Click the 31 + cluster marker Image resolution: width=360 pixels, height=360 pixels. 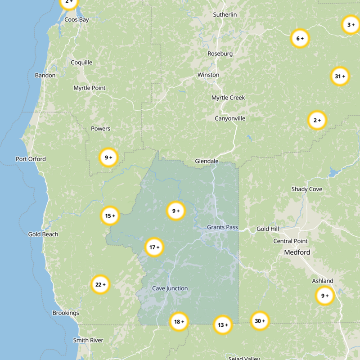tap(340, 76)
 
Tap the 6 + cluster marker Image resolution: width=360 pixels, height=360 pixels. tap(300, 39)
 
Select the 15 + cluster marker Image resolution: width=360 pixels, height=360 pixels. tap(110, 216)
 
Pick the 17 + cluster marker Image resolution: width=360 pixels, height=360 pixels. tap(154, 247)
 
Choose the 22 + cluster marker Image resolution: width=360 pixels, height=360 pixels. tap(100, 284)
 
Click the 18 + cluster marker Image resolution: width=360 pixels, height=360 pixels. tap(179, 322)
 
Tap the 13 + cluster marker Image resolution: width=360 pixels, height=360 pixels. tap(223, 325)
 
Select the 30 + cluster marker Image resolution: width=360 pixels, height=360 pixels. tap(260, 321)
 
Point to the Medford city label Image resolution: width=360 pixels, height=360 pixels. tap(297, 252)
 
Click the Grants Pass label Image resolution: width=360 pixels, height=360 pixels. tap(222, 227)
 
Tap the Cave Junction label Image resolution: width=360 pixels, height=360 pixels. tap(170, 288)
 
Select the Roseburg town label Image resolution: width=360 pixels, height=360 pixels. tap(220, 54)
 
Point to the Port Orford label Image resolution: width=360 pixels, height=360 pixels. tap(31, 159)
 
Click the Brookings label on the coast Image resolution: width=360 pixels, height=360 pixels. tap(66, 313)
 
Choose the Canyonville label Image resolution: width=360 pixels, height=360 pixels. tap(230, 119)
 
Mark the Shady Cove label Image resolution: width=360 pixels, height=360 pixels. tap(306, 189)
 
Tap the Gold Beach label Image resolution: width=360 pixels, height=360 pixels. tap(43, 234)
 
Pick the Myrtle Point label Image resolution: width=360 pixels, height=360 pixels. tap(90, 88)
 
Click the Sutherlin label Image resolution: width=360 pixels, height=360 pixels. tap(225, 15)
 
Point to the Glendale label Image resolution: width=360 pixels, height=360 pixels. tap(207, 161)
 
